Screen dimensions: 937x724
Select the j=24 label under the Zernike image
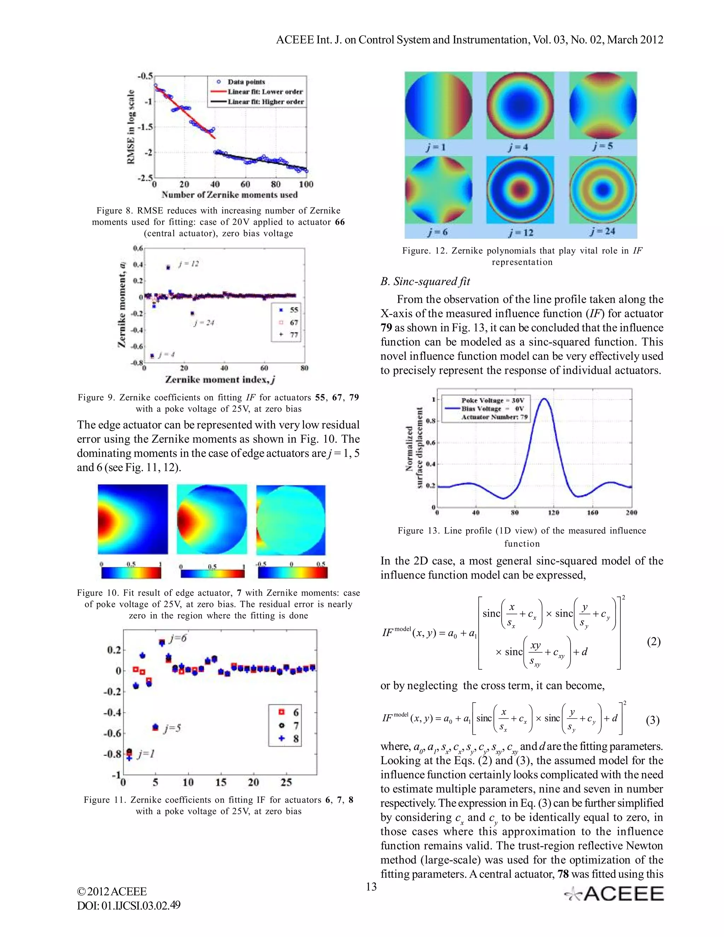point(603,231)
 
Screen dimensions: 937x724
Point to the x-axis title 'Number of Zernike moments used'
point(229,195)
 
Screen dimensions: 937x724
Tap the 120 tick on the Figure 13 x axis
point(554,512)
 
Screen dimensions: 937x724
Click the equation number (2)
point(653,642)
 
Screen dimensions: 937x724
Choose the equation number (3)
point(652,720)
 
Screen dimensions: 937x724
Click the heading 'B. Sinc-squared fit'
point(425,281)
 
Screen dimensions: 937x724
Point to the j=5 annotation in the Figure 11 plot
point(171,728)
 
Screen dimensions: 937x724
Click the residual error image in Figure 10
point(291,520)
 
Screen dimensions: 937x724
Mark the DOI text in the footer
point(129,905)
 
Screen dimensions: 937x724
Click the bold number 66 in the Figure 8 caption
point(340,222)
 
